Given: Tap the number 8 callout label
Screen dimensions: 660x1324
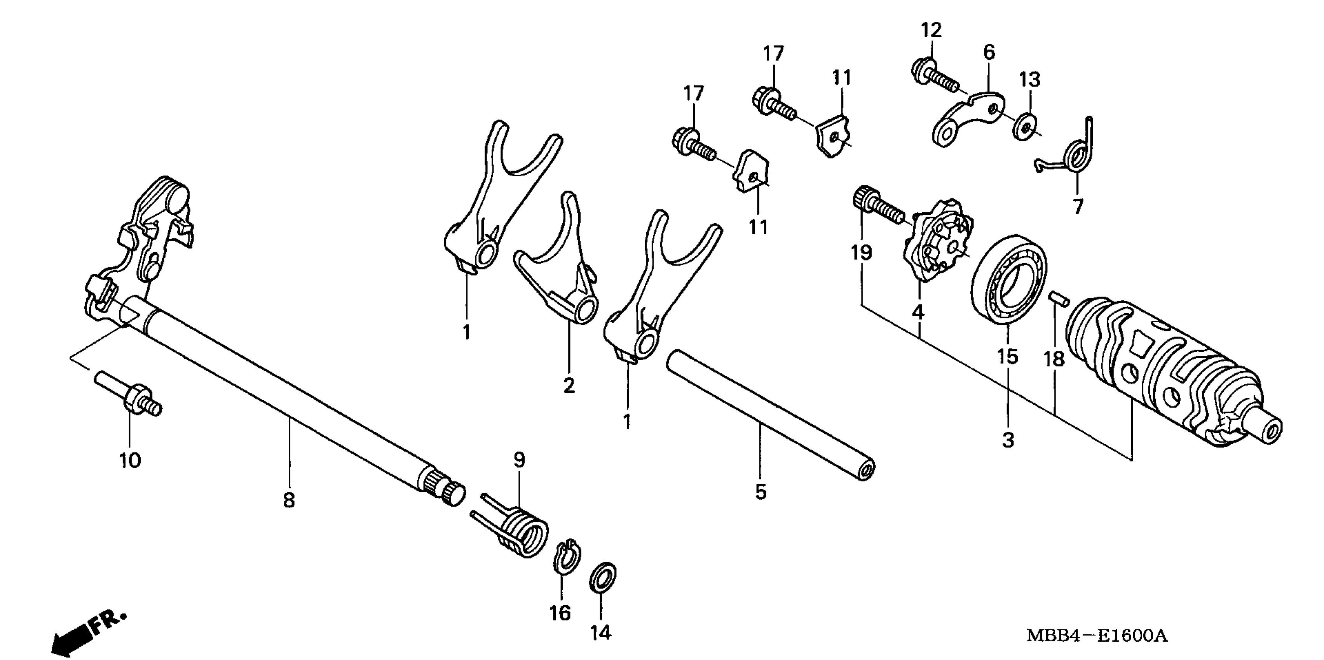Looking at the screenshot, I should (290, 499).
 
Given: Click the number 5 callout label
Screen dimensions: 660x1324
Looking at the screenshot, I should (761, 492).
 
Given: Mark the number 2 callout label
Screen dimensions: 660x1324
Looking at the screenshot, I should (569, 385).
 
